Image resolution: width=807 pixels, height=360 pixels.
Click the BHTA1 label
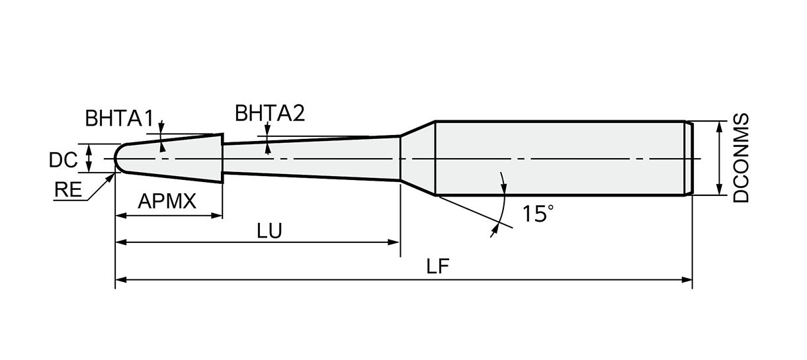click(119, 118)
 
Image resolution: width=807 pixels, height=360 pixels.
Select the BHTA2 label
click(269, 113)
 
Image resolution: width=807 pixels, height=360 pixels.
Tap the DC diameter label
click(64, 159)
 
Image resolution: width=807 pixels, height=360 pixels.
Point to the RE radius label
click(67, 191)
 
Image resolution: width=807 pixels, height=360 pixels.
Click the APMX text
click(167, 201)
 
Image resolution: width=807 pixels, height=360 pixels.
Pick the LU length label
click(269, 230)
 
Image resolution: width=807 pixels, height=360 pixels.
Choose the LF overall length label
click(438, 267)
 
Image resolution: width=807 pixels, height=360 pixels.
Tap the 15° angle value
click(537, 214)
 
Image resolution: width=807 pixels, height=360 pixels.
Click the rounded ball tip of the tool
click(119, 159)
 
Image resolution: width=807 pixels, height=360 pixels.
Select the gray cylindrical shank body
click(559, 158)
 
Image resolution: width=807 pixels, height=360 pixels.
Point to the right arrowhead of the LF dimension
click(687, 280)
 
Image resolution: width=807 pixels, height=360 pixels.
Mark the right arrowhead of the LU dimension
click(395, 243)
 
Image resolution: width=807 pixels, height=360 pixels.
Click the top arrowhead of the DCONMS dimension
click(719, 126)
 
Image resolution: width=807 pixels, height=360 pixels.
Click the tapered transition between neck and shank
click(417, 158)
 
